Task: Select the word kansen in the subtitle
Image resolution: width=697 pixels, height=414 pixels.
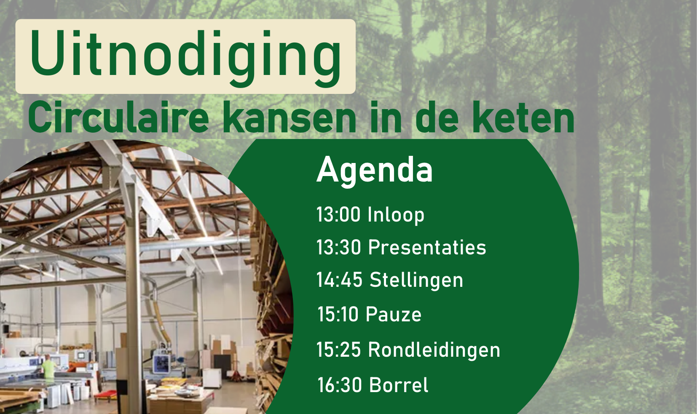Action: point(290,118)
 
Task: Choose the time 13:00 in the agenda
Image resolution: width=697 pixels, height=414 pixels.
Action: point(338,214)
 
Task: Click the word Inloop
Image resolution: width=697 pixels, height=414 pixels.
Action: point(396,215)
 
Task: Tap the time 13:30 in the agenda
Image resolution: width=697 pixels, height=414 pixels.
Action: point(339,247)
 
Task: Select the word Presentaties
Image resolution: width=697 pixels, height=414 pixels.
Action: point(427,247)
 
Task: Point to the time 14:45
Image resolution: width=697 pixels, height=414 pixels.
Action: point(340,280)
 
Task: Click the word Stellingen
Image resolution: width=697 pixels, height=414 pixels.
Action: point(416,280)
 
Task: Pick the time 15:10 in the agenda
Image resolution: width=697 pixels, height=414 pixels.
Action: point(338,314)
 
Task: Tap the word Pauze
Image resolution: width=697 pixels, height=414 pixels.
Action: point(394,314)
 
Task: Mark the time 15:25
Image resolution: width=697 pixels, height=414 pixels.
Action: point(339,349)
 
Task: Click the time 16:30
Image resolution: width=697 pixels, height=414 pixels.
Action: point(340,385)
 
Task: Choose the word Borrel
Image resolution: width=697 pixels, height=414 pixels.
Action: point(399,385)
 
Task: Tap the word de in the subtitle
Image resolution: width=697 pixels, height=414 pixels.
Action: point(437,118)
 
